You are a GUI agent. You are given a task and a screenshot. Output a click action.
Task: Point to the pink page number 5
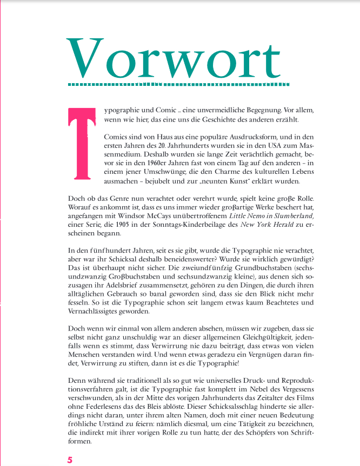click(70, 460)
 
